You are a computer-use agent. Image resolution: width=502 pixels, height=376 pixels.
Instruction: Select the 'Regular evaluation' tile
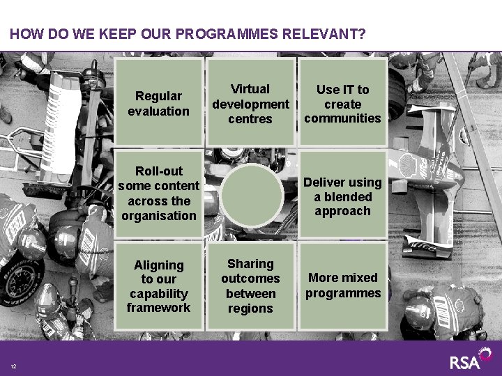[x=158, y=103]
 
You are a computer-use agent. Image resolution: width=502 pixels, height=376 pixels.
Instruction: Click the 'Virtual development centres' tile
[x=250, y=103]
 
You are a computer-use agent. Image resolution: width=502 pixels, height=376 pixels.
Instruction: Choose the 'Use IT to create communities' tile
[x=342, y=103]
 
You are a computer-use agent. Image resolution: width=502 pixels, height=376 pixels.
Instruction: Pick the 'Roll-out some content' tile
[x=158, y=193]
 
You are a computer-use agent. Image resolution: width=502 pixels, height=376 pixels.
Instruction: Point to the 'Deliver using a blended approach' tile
[x=342, y=196]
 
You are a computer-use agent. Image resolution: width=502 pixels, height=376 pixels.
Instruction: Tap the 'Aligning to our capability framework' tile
[x=158, y=285]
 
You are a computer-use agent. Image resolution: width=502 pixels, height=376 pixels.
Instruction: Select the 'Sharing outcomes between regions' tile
[x=250, y=285]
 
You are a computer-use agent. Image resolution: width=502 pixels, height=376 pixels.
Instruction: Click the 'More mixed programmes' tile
[x=342, y=285]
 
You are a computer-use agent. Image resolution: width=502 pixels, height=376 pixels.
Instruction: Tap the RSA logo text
[x=465, y=362]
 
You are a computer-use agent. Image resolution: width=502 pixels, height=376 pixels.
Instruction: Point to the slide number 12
[x=13, y=367]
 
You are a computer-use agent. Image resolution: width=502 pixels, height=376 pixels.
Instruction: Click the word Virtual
[x=250, y=89]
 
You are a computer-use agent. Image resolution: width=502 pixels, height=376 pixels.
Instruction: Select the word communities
[x=342, y=118]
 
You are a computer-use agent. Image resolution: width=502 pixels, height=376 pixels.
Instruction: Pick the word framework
[x=158, y=308]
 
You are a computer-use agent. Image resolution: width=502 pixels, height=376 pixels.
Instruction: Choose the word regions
[x=250, y=308]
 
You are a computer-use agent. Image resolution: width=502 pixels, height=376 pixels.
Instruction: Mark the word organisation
[x=158, y=216]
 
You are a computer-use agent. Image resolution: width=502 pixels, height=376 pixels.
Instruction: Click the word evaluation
[x=158, y=111]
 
